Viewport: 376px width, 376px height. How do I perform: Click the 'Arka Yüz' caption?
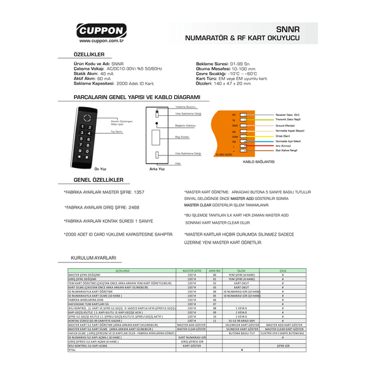coord(156,169)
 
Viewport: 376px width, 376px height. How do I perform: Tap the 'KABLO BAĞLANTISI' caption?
coord(258,161)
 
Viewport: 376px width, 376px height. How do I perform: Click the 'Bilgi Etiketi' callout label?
coord(182,136)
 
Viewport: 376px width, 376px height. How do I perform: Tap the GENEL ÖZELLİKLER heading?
coord(93,179)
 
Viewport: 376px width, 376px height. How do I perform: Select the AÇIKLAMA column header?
coord(122,270)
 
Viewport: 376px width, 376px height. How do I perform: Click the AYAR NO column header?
coord(215,270)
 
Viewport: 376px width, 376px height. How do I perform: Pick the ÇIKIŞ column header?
coord(283,270)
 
